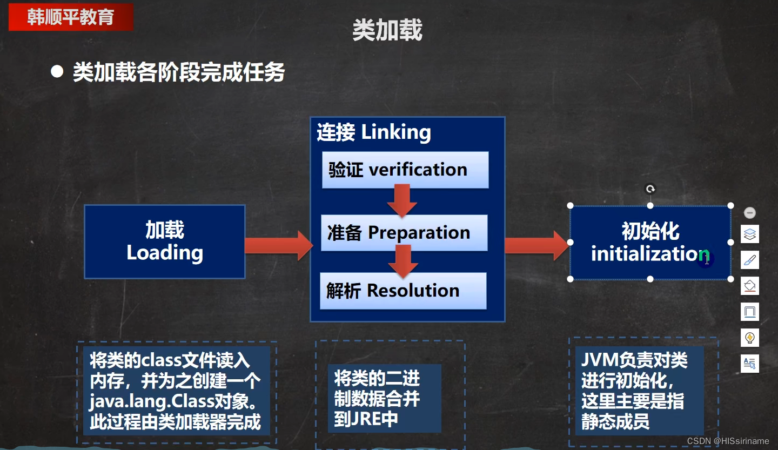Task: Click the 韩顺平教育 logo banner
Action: click(x=71, y=17)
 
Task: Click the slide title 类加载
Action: click(x=387, y=30)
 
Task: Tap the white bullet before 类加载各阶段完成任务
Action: click(x=57, y=72)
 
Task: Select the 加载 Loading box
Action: click(x=164, y=241)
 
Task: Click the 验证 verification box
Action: click(x=405, y=170)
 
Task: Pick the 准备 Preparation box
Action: click(x=404, y=233)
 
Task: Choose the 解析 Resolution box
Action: click(x=403, y=291)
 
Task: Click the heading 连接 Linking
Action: click(x=374, y=132)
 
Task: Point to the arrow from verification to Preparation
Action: click(x=402, y=200)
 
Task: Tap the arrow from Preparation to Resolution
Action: click(x=403, y=261)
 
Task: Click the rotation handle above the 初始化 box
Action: click(x=650, y=189)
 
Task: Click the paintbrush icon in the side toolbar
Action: click(x=750, y=260)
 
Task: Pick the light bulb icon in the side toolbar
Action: click(x=750, y=338)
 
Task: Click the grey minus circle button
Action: click(x=750, y=213)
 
